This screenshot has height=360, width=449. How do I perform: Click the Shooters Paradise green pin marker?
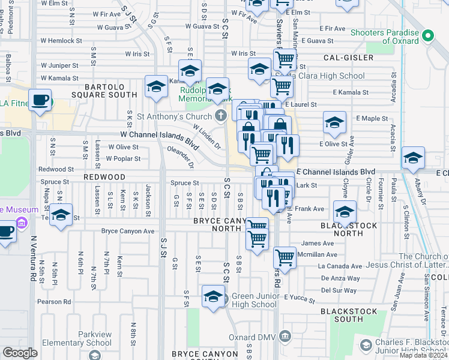[x=427, y=35]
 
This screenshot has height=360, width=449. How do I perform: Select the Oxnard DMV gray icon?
[x=285, y=335]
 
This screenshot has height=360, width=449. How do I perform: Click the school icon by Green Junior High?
[x=213, y=296]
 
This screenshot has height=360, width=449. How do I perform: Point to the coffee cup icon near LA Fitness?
[x=40, y=100]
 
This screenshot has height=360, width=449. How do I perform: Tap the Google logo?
[x=19, y=353]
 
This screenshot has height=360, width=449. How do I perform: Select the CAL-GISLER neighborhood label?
[x=348, y=58]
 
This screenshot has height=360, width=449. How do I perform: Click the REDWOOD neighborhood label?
[x=104, y=178]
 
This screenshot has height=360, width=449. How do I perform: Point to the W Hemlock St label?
[x=61, y=41]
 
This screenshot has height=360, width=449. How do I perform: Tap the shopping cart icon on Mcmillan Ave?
[x=285, y=257]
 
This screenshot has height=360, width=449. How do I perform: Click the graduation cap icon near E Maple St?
[x=334, y=123]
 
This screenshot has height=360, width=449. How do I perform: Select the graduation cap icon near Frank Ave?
[x=345, y=212]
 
